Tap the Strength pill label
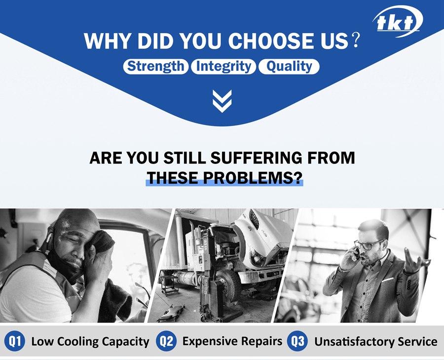pos(156,67)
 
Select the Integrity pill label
pos(223,67)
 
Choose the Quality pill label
pos(289,67)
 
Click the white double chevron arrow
pos(222,101)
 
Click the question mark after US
pos(355,40)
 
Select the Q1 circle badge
pos(15,341)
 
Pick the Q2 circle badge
pos(166,341)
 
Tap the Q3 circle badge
pos(297,341)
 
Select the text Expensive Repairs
pos(232,341)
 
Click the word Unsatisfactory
pos(355,341)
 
